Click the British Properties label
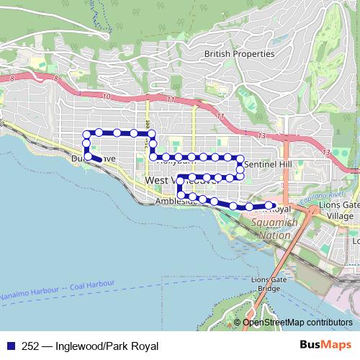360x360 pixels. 239,53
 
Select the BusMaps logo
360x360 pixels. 329,345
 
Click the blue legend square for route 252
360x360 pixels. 11,346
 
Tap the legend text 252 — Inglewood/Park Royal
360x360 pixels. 91,346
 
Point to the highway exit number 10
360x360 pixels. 107,95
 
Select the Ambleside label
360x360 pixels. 176,202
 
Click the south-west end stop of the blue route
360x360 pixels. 88,156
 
